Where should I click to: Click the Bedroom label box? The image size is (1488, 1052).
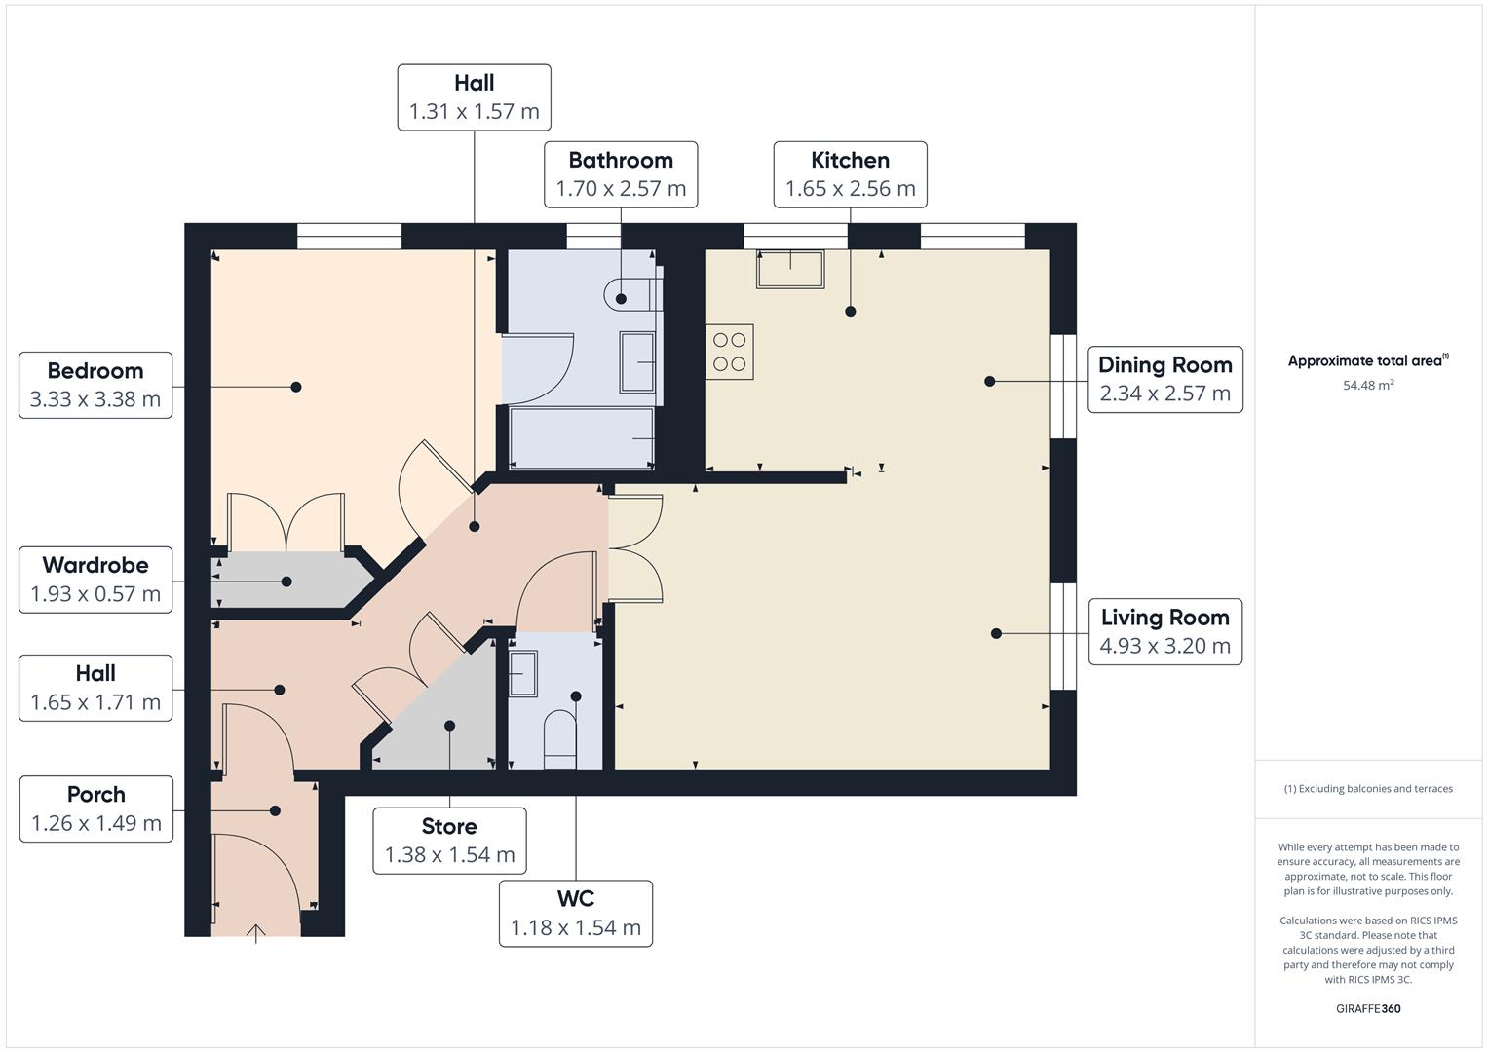(x=95, y=386)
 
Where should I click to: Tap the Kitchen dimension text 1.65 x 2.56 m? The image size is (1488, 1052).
(x=850, y=189)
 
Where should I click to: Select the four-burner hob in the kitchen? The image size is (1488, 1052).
(x=730, y=352)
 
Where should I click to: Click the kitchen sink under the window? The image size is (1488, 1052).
(x=790, y=269)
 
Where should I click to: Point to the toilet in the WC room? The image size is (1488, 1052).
(x=559, y=735)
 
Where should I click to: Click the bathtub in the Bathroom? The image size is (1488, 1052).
(x=582, y=438)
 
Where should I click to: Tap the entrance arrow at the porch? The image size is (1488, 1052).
(x=256, y=934)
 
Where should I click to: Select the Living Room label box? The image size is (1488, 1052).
(x=1164, y=631)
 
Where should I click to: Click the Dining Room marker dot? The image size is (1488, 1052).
(x=990, y=381)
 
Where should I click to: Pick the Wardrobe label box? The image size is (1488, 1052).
(x=95, y=580)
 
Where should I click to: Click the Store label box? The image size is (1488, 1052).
(x=449, y=841)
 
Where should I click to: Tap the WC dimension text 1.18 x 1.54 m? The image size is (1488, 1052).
(x=576, y=928)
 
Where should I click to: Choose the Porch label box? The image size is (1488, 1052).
(x=95, y=808)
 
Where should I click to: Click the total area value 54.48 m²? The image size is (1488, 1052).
(x=1368, y=386)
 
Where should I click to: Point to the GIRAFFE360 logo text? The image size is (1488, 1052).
(x=1368, y=1009)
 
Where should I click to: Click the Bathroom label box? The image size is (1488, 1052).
(x=621, y=174)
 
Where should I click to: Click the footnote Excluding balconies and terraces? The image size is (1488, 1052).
(x=1368, y=789)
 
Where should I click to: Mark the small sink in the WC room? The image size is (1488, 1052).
(x=522, y=672)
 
